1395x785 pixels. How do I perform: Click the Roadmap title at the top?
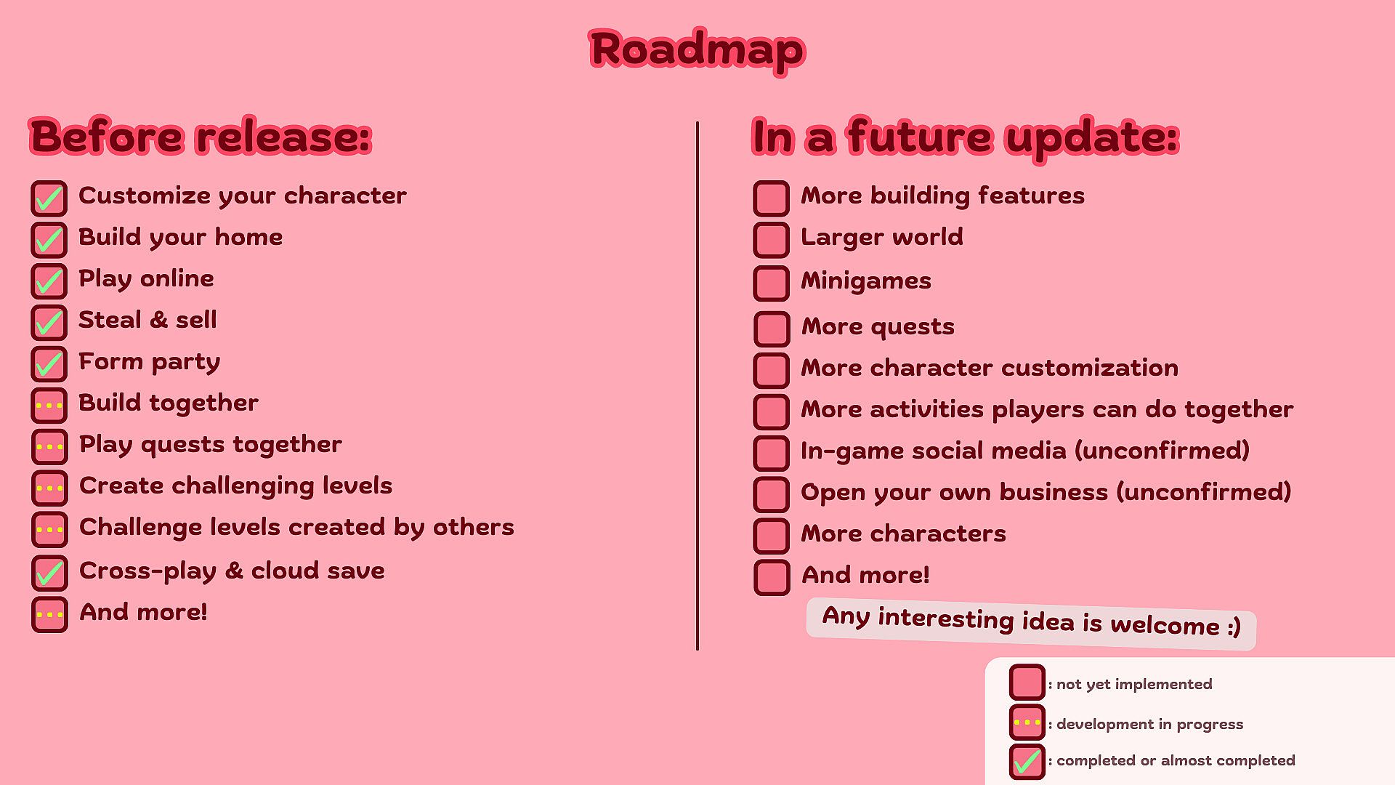pyautogui.click(x=697, y=50)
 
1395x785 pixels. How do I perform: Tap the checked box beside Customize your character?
pyautogui.click(x=49, y=198)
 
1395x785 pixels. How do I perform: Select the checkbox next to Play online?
pyautogui.click(x=49, y=281)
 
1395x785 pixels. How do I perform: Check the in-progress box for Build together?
pyautogui.click(x=49, y=406)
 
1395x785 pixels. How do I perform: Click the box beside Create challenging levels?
pyautogui.click(x=49, y=488)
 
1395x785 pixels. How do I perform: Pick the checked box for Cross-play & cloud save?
pyautogui.click(x=49, y=573)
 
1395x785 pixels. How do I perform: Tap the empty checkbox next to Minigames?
pyautogui.click(x=771, y=283)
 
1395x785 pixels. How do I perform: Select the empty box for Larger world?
pyautogui.click(x=771, y=240)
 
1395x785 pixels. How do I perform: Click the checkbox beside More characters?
pyautogui.click(x=771, y=536)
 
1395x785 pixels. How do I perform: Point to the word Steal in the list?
pyautogui.click(x=110, y=320)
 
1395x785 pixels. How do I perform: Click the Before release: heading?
pyautogui.click(x=201, y=137)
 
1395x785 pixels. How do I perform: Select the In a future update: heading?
pyautogui.click(x=965, y=137)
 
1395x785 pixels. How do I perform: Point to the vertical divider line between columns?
pyautogui.click(x=697, y=385)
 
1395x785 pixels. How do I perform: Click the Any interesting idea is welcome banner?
pyautogui.click(x=1031, y=623)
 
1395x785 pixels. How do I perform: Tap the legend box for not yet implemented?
pyautogui.click(x=1027, y=683)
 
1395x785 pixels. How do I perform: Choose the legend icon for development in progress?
pyautogui.click(x=1027, y=722)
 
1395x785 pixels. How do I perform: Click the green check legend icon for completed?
pyautogui.click(x=1027, y=762)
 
